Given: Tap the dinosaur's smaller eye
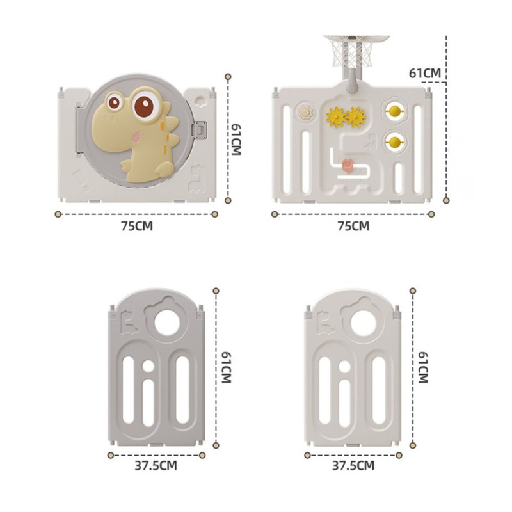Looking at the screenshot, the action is point(115,102).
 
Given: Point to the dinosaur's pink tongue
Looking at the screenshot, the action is point(136,137).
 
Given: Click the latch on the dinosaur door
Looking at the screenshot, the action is point(199,130).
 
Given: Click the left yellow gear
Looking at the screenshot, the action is point(335,117).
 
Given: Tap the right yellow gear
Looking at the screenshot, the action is point(356,117).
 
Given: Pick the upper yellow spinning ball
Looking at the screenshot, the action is point(395,111).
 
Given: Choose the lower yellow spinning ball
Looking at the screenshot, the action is point(395,142).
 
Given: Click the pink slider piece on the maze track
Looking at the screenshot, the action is point(348,166).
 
